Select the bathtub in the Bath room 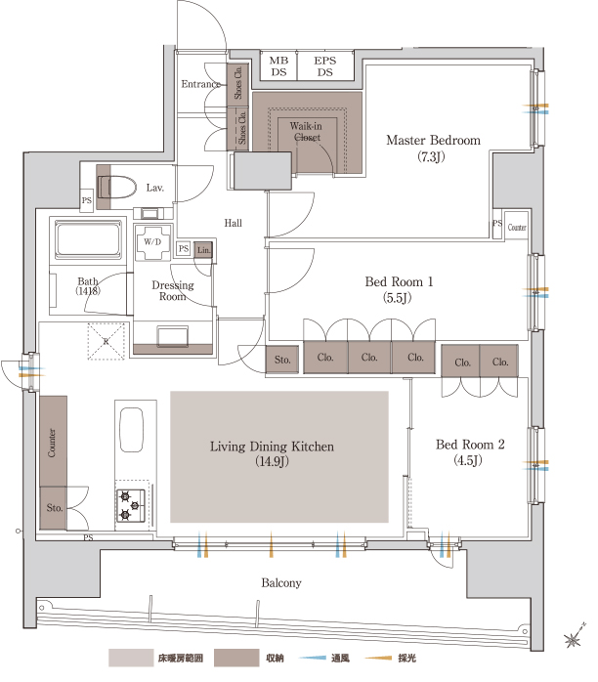[88, 239]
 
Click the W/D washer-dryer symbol [152, 242]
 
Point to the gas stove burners [130, 505]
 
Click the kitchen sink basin [131, 430]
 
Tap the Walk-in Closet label [306, 132]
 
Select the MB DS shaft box [278, 66]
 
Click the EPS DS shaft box [325, 66]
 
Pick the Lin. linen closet [203, 250]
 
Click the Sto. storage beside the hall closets [282, 360]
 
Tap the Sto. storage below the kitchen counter [54, 507]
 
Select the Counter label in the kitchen [52, 443]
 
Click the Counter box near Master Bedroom [517, 226]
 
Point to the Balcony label [281, 583]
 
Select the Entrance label [200, 84]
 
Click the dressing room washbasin [173, 336]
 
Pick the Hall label [234, 223]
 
